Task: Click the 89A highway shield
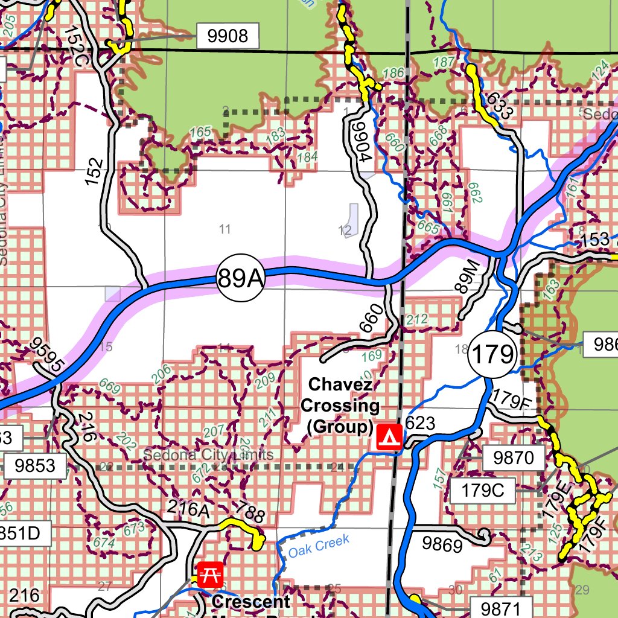240,278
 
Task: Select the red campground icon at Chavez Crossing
389,436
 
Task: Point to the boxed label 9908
227,37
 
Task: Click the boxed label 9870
514,458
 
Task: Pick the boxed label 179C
482,489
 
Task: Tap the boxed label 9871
501,607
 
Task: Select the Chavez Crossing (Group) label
343,406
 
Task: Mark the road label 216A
187,510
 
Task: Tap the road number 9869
442,544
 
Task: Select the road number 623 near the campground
420,424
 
